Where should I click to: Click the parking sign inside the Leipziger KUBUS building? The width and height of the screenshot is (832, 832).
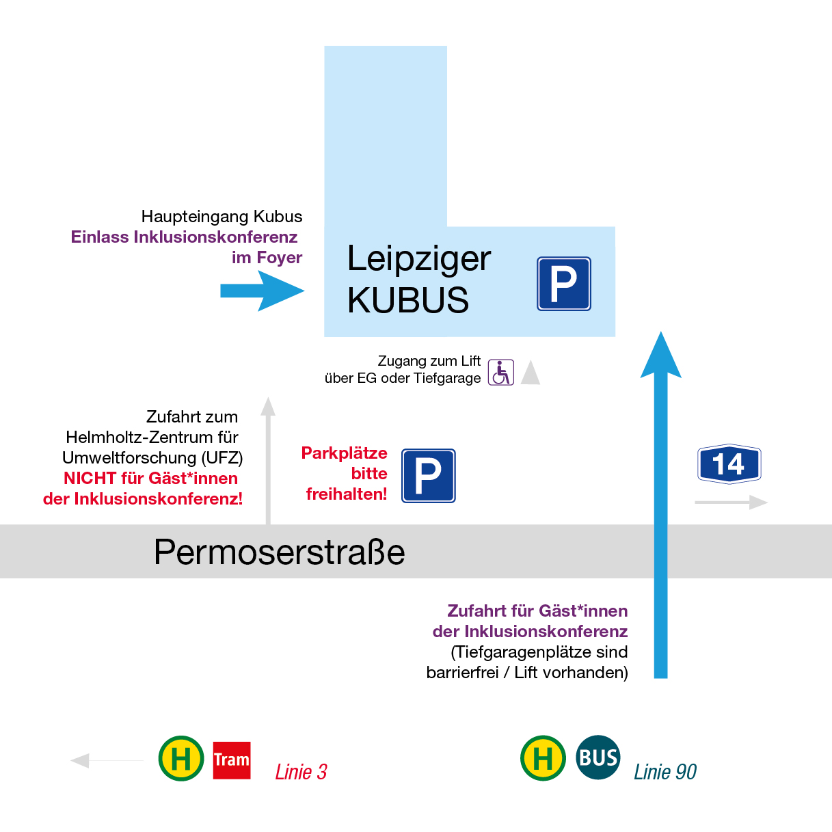[563, 284]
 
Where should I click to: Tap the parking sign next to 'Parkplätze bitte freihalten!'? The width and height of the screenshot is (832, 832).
[428, 476]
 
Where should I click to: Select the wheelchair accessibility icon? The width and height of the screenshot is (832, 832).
[500, 373]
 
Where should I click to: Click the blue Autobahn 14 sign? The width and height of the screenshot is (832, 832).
[729, 465]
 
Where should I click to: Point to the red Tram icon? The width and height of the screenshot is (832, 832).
[232, 760]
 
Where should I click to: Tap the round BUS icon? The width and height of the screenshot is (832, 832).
[598, 757]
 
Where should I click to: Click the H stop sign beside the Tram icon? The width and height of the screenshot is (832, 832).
[181, 758]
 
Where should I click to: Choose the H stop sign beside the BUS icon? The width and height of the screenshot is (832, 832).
[543, 758]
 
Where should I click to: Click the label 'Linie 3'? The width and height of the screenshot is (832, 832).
[301, 772]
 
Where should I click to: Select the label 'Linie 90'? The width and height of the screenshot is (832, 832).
[665, 772]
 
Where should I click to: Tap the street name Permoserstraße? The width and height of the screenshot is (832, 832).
[279, 552]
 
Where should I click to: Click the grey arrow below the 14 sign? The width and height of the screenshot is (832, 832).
[731, 502]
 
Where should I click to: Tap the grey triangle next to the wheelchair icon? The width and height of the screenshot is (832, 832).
[531, 373]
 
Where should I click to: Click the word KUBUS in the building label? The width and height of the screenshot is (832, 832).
[408, 300]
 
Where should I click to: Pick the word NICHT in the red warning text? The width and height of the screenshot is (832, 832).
[90, 479]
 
